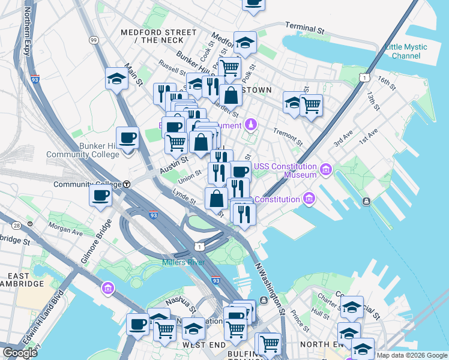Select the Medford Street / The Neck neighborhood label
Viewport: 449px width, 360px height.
[158, 36]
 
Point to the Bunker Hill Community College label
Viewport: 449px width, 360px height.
[92, 150]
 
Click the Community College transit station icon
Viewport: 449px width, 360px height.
[127, 185]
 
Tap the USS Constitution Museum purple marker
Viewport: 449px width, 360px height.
[325, 170]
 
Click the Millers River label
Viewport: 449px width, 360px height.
[184, 262]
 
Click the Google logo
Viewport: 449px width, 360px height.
[20, 353]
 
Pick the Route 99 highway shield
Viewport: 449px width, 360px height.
[93, 40]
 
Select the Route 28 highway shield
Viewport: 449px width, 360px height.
[16, 224]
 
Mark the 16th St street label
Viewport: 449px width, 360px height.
[387, 83]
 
